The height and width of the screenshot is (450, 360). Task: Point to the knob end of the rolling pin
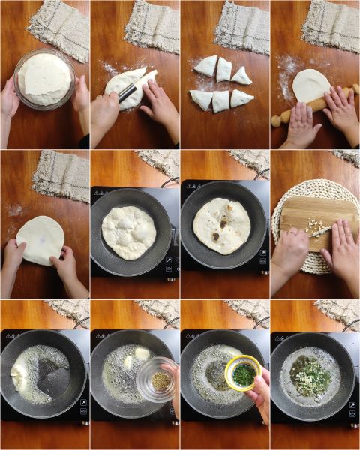(276, 120)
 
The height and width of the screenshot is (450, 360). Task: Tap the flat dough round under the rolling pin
(309, 83)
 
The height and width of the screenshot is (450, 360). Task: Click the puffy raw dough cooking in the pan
(129, 232)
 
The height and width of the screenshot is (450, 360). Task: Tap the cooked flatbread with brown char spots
(222, 225)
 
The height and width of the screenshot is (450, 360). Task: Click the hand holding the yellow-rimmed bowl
(259, 394)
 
